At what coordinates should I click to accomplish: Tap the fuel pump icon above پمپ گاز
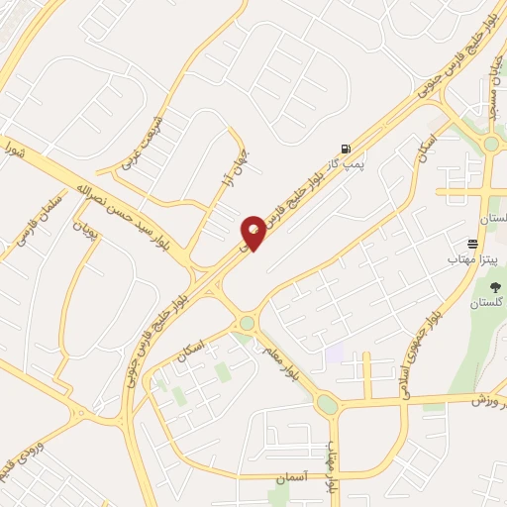point(345,147)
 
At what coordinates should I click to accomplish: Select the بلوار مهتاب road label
point(334,456)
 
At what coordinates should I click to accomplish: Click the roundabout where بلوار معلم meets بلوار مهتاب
point(326,404)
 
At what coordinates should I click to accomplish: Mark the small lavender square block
point(335,351)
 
